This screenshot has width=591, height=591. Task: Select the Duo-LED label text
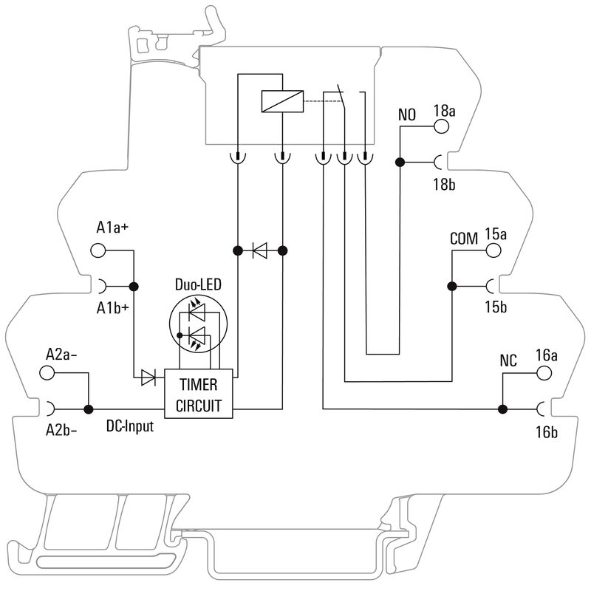pos(197,284)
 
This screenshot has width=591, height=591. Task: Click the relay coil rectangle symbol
pos(281,101)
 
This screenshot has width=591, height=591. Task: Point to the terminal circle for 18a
pos(442,126)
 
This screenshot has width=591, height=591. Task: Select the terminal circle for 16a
pos(544,372)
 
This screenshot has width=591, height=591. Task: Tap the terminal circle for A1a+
pos(98,250)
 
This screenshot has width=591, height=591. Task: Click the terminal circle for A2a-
pos(47,373)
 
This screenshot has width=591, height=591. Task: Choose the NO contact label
pos(407,116)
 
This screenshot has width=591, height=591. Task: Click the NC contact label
pos(508,361)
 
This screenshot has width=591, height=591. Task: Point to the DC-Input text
pos(130,426)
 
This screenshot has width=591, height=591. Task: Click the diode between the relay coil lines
pos(259,251)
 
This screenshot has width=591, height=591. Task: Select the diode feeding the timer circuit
pos(148,379)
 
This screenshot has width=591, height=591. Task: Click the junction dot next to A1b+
pos(134,287)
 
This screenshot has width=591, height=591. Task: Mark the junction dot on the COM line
pos(451,286)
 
